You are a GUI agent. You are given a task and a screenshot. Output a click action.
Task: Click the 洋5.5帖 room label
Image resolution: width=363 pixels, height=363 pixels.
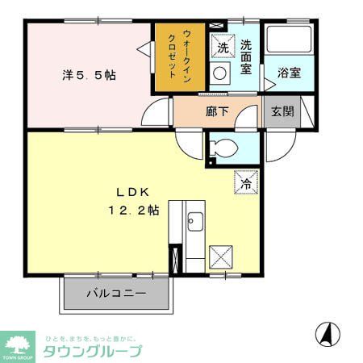[88, 75]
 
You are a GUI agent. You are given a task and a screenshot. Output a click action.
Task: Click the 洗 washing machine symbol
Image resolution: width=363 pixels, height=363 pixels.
[223, 48]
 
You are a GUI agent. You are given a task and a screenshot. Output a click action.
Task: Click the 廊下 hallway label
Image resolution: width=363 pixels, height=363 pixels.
[217, 111]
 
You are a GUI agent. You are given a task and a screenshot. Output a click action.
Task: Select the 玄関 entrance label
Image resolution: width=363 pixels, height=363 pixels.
[282, 111]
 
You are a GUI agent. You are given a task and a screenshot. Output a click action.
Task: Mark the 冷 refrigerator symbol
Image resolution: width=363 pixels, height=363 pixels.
[245, 182]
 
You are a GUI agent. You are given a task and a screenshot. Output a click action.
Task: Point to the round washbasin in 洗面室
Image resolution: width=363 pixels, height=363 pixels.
[220, 73]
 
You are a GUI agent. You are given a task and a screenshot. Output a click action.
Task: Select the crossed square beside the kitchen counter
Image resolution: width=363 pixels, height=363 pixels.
[220, 257]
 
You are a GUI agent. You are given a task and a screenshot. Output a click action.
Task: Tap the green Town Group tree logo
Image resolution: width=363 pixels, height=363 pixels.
[17, 342]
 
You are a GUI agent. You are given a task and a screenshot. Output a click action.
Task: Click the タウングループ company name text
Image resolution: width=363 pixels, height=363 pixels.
[92, 351]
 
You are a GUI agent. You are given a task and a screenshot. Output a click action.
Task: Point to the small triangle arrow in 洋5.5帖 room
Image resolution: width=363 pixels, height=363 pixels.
[143, 51]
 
